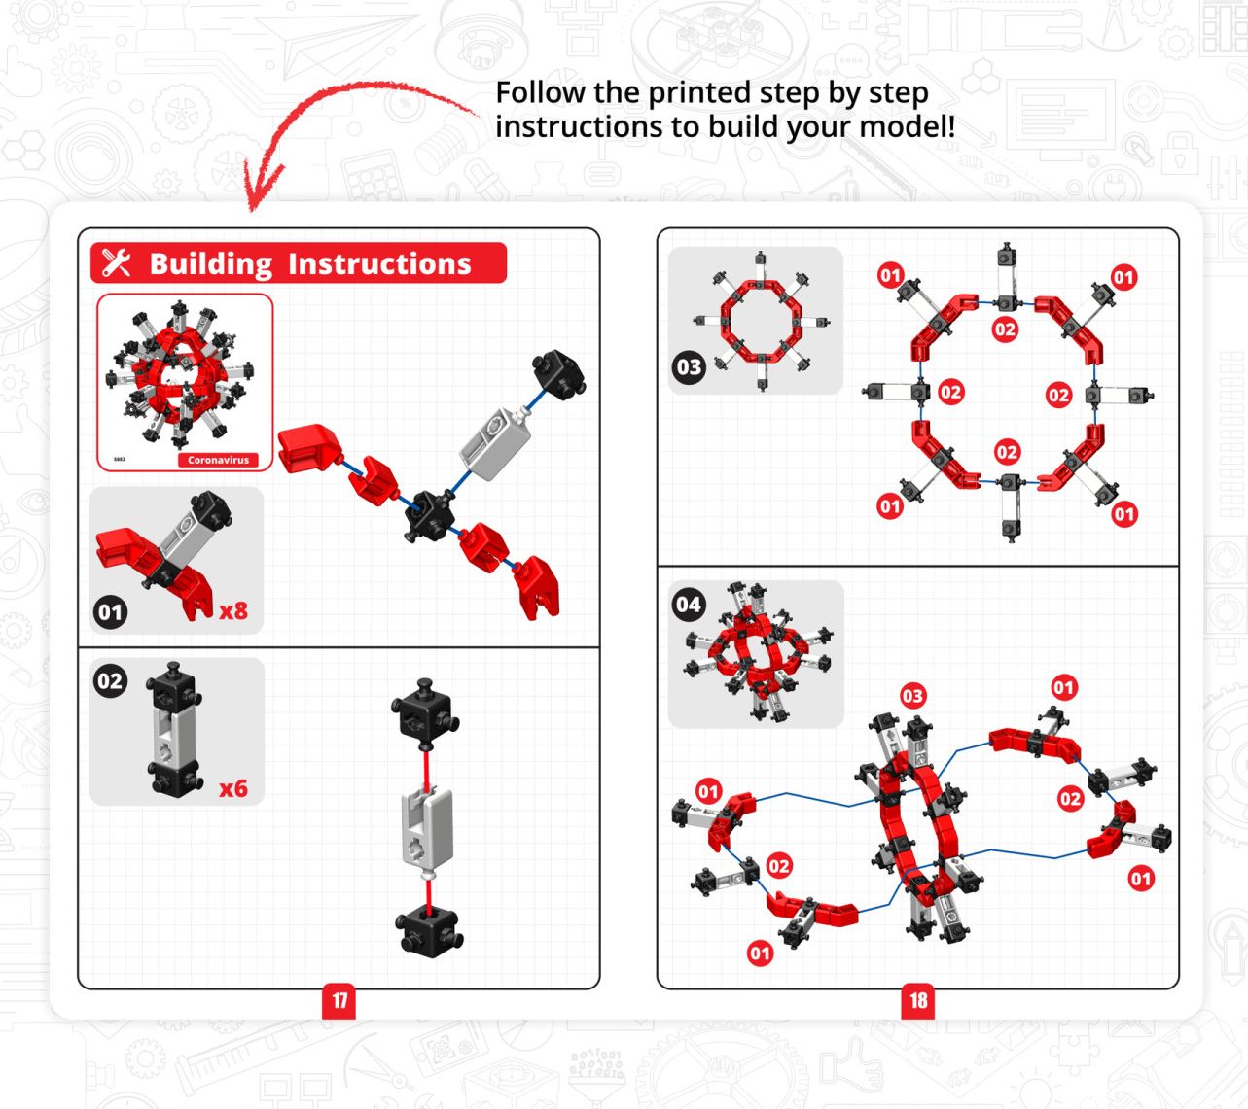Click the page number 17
tap(339, 1001)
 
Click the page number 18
tap(918, 1001)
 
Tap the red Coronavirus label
tap(218, 460)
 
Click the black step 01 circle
tap(110, 612)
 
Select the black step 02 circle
tap(110, 681)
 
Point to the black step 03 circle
tap(689, 367)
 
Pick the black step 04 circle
tap(689, 605)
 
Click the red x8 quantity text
tap(233, 610)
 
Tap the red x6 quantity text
tap(233, 788)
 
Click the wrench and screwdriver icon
tap(116, 262)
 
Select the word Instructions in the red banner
tap(379, 263)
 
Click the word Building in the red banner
tap(211, 264)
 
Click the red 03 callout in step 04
tap(912, 696)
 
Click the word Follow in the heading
tap(541, 93)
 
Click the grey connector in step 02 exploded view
tap(427, 826)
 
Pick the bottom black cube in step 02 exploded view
tap(430, 929)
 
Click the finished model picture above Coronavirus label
tap(180, 374)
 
